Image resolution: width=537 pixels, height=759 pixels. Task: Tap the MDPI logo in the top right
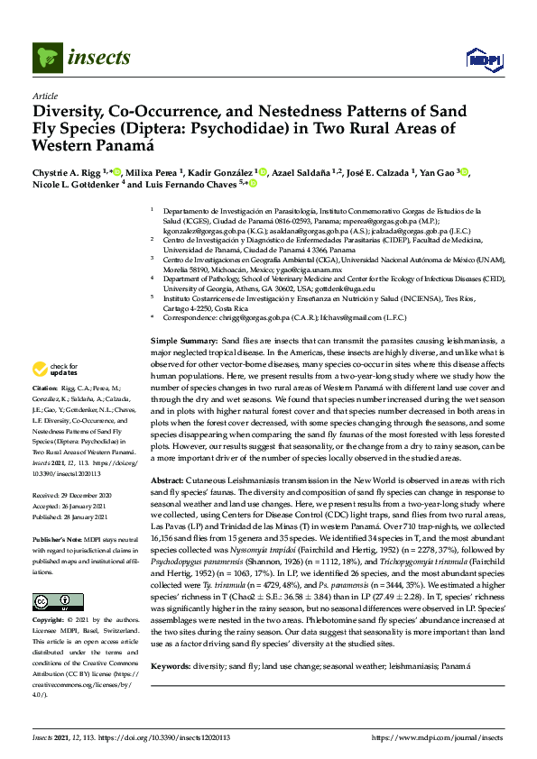coord(483,60)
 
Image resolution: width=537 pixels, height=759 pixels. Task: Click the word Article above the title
coord(44,96)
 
